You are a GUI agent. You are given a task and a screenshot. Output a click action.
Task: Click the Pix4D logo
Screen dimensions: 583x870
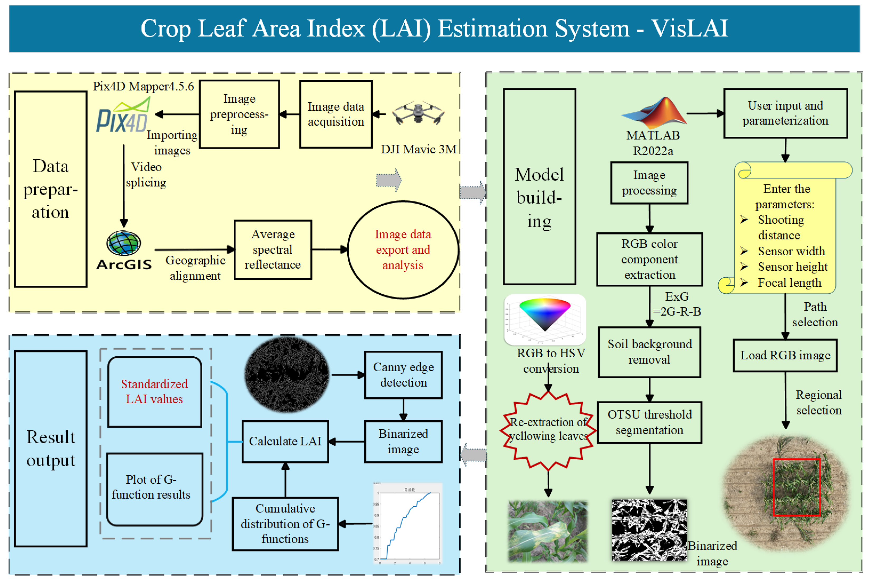pyautogui.click(x=123, y=116)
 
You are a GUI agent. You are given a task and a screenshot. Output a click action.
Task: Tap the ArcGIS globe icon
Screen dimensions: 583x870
pyautogui.click(x=124, y=243)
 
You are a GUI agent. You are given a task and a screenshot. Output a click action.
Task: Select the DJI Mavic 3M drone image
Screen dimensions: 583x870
pyautogui.click(x=418, y=113)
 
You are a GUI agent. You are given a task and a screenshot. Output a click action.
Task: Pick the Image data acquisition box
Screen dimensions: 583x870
pyautogui.click(x=336, y=114)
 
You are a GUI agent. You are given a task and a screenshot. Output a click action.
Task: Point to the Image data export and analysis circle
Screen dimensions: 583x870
pyautogui.click(x=403, y=250)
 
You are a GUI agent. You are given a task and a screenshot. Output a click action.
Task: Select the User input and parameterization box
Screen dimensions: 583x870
pyautogui.click(x=785, y=113)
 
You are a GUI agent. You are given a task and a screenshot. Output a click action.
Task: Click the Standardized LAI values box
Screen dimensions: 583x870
pyautogui.click(x=154, y=392)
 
